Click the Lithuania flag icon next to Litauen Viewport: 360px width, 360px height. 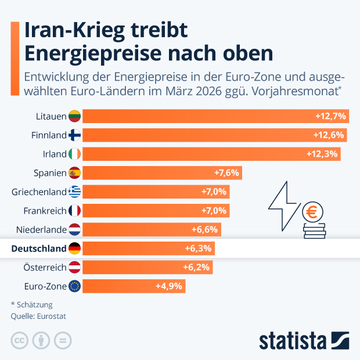pyautogui.click(x=74, y=116)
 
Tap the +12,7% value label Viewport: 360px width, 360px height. pyautogui.click(x=330, y=116)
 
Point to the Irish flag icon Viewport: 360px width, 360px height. pyautogui.click(x=74, y=154)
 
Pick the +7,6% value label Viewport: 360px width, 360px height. pyautogui.click(x=226, y=172)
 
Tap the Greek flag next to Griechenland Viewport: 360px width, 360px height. pyautogui.click(x=74, y=192)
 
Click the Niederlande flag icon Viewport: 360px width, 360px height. pyautogui.click(x=74, y=229)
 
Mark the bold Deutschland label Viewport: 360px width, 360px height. pyautogui.click(x=38, y=249)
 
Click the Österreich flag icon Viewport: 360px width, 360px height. pyautogui.click(x=74, y=267)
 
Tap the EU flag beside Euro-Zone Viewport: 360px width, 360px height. pyautogui.click(x=74, y=286)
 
